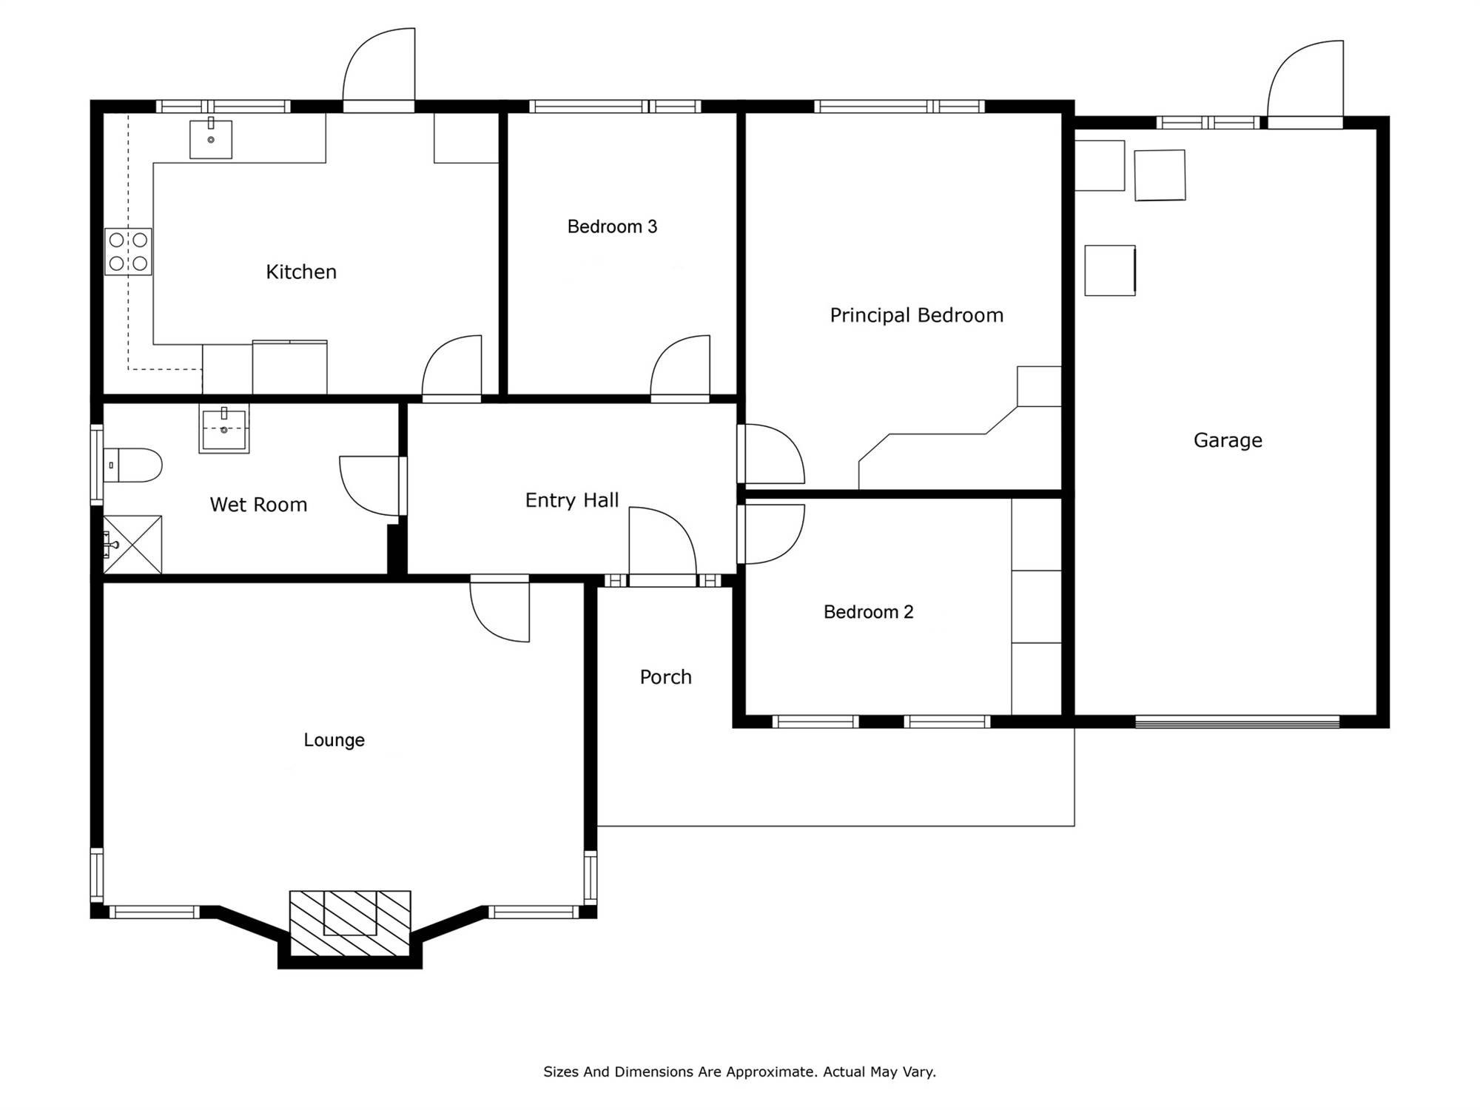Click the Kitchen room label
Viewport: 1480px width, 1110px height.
301,272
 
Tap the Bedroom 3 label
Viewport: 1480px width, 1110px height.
612,226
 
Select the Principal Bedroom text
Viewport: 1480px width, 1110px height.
916,315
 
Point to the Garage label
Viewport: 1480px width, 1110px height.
1228,440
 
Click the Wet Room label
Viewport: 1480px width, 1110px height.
258,505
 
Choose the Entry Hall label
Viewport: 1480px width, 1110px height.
572,500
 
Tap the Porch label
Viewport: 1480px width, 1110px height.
665,677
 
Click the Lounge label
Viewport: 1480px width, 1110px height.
334,740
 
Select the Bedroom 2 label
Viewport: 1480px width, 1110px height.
868,612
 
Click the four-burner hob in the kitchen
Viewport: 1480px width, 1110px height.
128,252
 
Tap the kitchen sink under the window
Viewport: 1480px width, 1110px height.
211,138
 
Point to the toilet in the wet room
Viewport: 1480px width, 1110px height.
132,465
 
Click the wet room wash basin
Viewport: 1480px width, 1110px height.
224,428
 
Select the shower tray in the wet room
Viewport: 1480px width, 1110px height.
132,545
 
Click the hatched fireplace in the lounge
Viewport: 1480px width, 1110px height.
350,924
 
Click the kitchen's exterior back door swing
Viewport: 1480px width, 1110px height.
378,64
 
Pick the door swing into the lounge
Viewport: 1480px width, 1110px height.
500,612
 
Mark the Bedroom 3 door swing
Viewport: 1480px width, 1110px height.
680,366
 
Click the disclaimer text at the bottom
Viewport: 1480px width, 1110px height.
740,1072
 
